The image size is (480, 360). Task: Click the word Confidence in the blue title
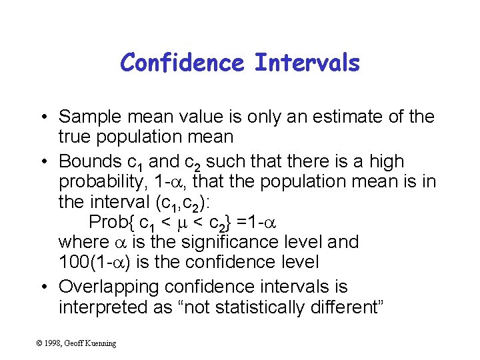(183, 63)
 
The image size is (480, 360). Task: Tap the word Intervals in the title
(307, 63)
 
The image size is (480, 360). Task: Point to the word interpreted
(101, 307)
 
